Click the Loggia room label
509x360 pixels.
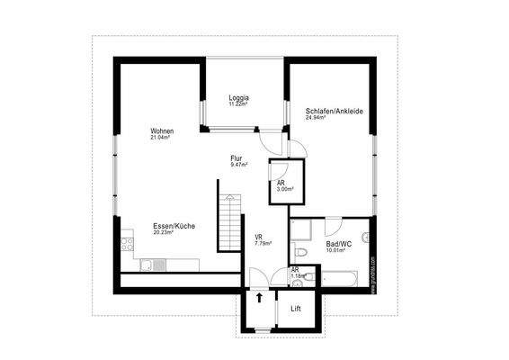click(238, 97)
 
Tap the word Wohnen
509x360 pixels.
click(162, 131)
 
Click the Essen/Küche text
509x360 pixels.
click(174, 226)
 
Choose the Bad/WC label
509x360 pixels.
click(338, 243)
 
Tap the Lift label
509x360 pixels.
click(295, 310)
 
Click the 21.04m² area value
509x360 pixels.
click(161, 138)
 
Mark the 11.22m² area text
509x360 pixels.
click(238, 103)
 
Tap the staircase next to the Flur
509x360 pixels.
click(231, 221)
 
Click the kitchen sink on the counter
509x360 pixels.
click(146, 264)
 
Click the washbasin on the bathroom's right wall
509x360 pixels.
click(365, 239)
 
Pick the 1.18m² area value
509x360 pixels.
click(295, 276)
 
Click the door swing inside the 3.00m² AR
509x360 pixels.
click(281, 173)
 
